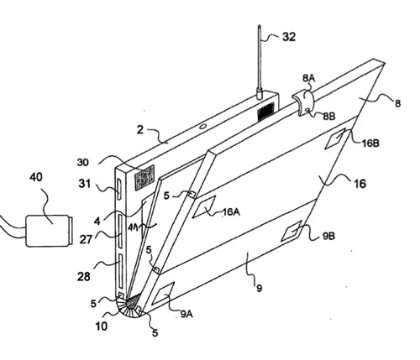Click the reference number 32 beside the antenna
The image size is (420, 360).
(289, 37)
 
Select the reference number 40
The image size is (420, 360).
(36, 177)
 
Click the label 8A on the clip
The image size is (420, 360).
(308, 78)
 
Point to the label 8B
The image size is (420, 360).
(329, 116)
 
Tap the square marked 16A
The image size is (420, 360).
(204, 207)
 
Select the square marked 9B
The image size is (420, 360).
(291, 231)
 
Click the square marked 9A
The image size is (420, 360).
(163, 294)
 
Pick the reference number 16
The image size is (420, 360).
(360, 184)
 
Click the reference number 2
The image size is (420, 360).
(140, 130)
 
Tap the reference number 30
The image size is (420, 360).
(83, 162)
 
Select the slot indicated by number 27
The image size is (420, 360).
(120, 231)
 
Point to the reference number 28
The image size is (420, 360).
(84, 277)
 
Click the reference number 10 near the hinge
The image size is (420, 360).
(102, 326)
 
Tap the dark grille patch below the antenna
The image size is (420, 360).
(265, 112)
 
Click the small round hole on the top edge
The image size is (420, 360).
(202, 126)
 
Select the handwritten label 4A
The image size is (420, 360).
(134, 227)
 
